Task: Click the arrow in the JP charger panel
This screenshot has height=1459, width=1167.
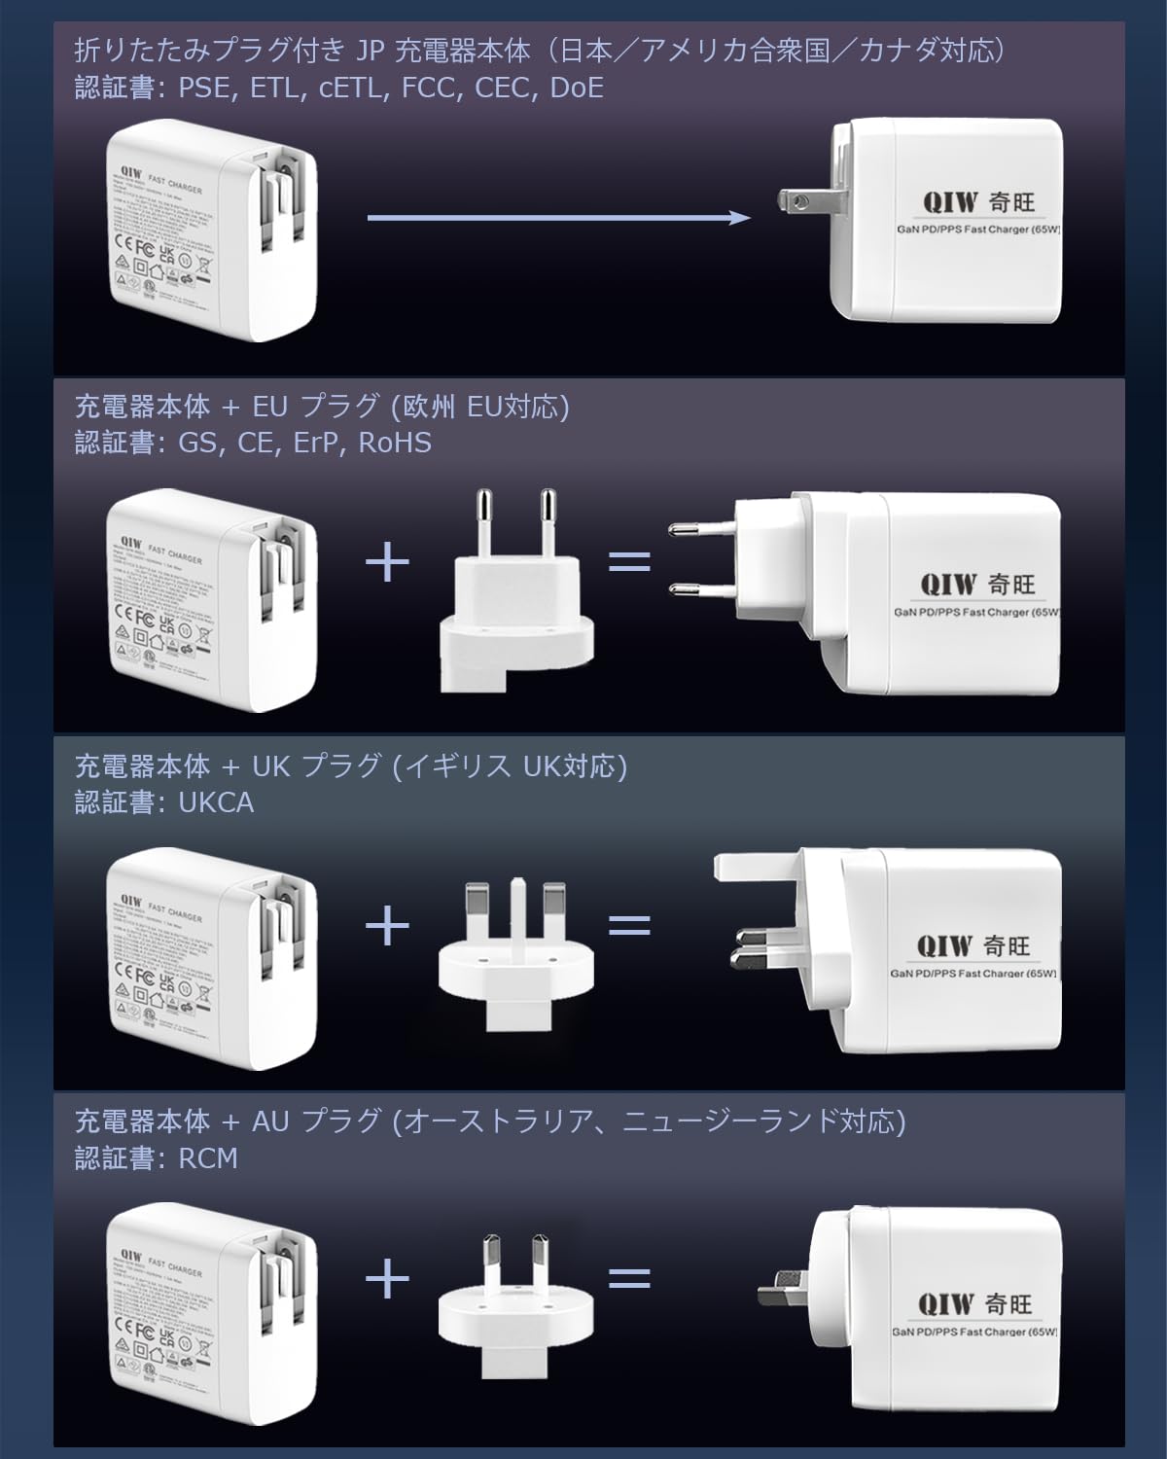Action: pos(558,218)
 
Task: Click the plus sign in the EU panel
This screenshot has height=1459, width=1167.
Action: pos(387,563)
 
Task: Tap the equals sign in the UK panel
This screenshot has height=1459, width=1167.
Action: pos(629,923)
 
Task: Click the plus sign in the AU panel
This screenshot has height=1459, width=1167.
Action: pos(387,1278)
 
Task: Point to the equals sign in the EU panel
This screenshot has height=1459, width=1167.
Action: pos(629,563)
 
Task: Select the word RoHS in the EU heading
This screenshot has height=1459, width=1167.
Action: pos(395,444)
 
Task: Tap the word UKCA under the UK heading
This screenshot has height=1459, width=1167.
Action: pos(216,803)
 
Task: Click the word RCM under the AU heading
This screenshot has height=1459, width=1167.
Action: pos(208,1158)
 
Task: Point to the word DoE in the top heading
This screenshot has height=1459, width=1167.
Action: pos(577,89)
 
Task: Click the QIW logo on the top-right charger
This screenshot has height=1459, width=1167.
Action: pos(947,202)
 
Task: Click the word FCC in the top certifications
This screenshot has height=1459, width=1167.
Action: pos(430,89)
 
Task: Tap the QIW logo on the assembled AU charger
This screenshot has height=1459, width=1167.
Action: pos(946,1302)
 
